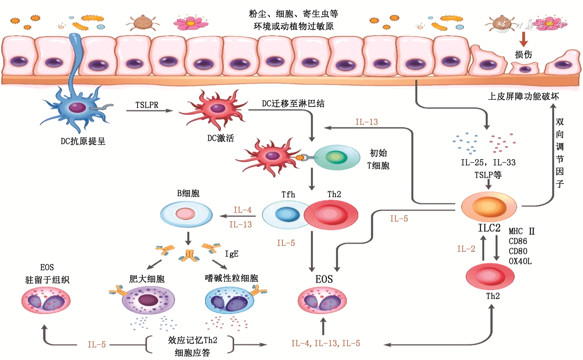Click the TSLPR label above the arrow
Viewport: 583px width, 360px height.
(x=147, y=105)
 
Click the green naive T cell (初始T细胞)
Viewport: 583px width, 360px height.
(x=336, y=157)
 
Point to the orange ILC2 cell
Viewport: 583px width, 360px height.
(x=489, y=206)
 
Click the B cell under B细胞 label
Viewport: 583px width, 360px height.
(x=186, y=214)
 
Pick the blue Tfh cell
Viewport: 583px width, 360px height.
(x=286, y=215)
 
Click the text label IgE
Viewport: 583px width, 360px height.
(x=231, y=254)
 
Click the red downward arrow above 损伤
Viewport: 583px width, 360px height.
(x=523, y=39)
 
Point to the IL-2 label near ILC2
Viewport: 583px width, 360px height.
(x=466, y=249)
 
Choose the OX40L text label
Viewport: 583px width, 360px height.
(x=520, y=261)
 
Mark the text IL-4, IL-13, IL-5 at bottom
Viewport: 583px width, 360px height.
(x=325, y=343)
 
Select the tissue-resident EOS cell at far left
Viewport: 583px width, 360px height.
(x=46, y=301)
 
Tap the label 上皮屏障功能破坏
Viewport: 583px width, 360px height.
(x=523, y=96)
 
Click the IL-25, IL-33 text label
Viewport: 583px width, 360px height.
(x=488, y=163)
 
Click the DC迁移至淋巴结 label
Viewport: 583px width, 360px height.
(x=293, y=103)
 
